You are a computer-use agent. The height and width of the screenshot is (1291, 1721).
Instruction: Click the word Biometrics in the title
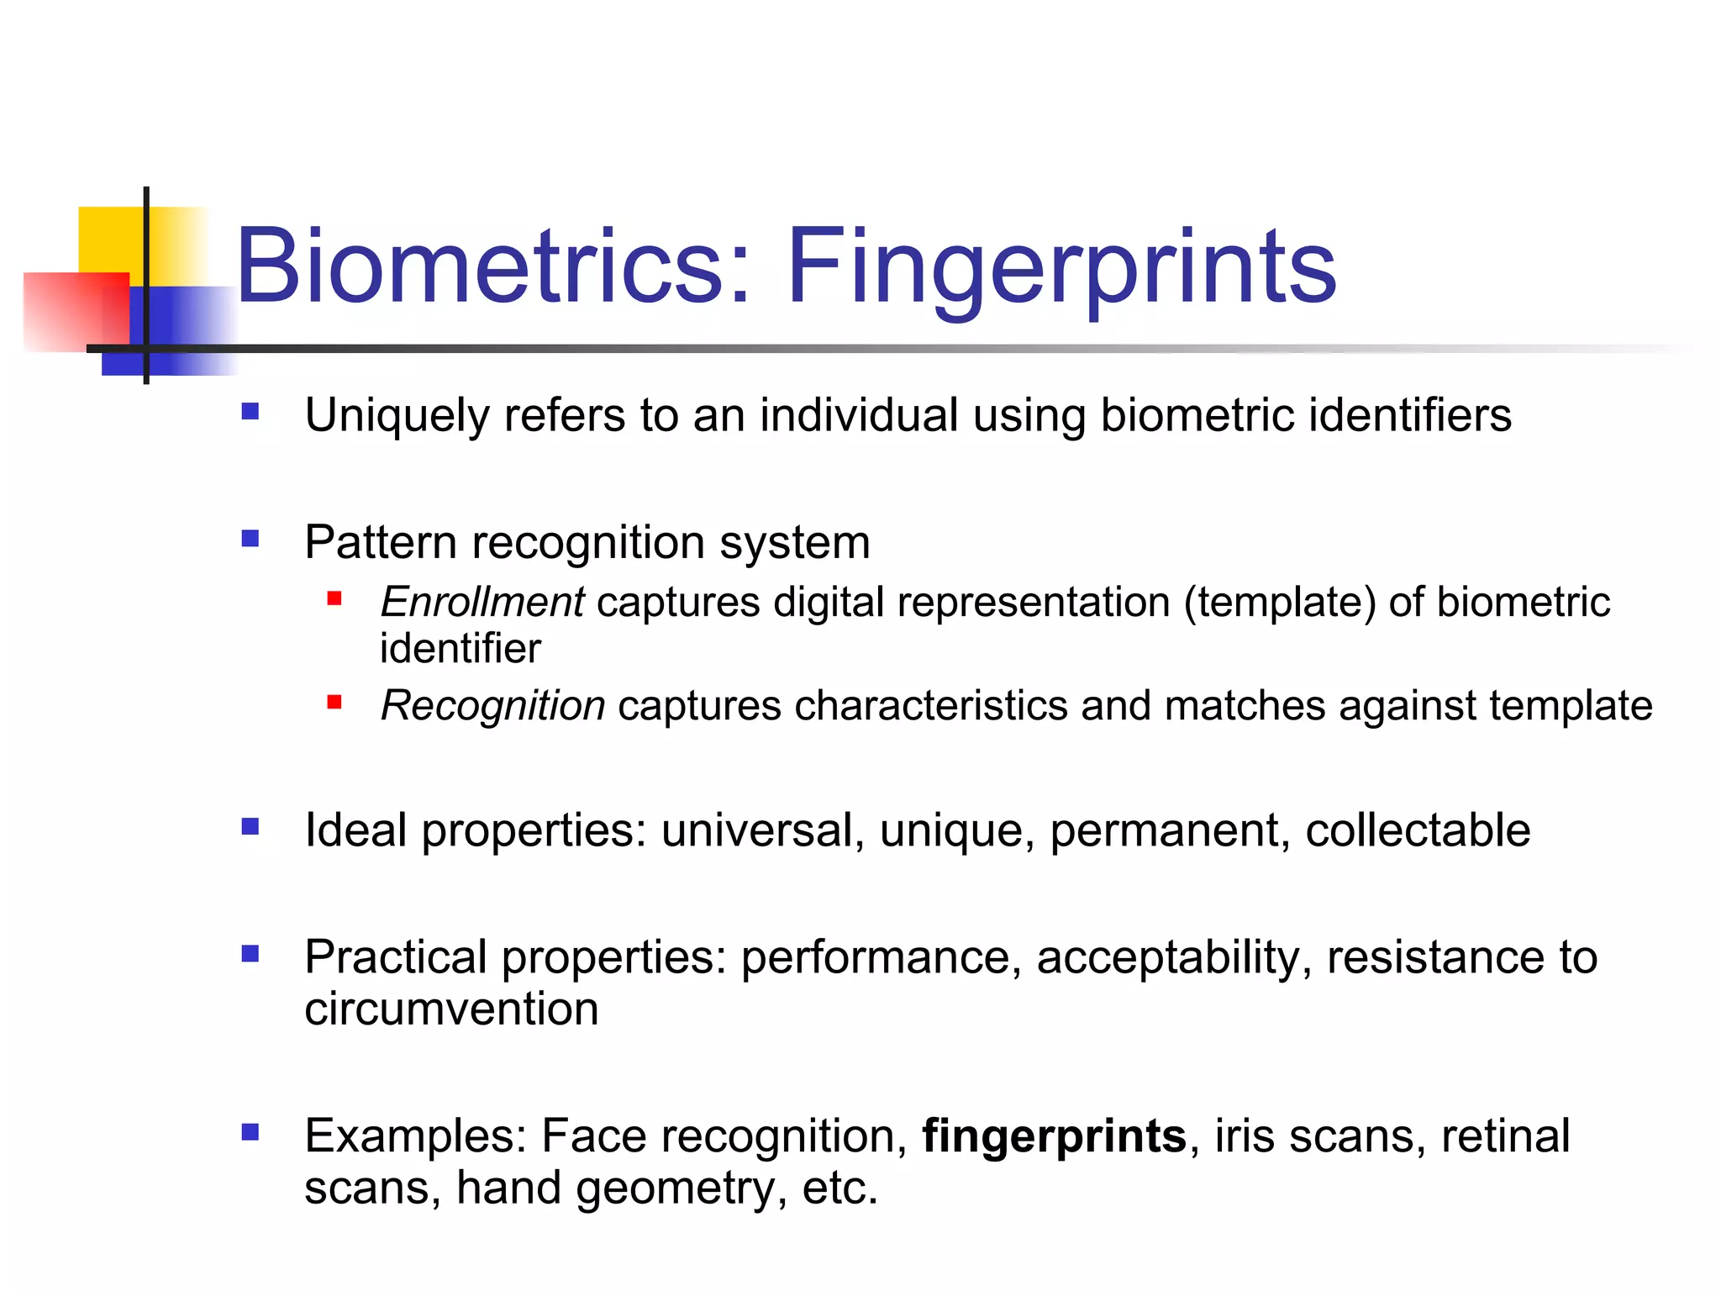479,267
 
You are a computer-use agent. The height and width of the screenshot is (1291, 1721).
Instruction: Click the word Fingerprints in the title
1060,267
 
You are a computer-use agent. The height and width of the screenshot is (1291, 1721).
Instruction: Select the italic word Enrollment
482,603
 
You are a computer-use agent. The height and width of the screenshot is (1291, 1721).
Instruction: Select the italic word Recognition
492,706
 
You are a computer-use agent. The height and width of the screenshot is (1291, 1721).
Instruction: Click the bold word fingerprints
1054,1136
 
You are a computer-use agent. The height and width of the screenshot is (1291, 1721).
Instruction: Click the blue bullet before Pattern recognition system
250,538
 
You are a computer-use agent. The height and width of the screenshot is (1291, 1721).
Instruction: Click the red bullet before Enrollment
334,598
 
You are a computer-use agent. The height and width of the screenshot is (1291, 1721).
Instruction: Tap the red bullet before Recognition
334,702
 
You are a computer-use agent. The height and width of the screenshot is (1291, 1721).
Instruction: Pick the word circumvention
451,1009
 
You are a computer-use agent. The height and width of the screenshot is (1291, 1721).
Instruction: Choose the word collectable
1418,831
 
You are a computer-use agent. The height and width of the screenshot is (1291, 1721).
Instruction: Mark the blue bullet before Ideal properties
250,827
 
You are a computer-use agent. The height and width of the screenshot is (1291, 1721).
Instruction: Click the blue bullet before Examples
250,1132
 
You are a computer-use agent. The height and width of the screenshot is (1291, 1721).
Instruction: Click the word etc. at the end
839,1188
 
